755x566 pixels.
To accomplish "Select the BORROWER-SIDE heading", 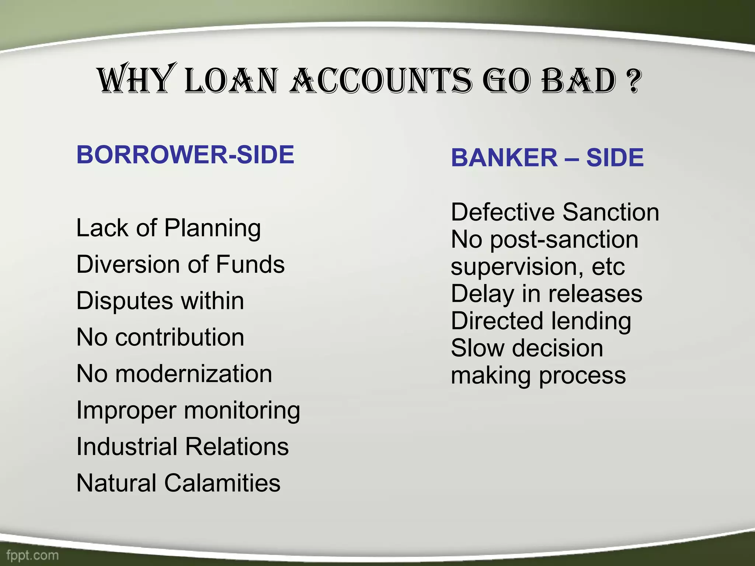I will tap(185, 154).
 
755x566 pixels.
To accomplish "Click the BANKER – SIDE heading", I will tap(547, 157).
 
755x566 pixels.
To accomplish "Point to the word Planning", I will tap(212, 228).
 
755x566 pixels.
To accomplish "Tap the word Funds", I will tap(250, 265).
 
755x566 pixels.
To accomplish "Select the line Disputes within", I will tap(160, 301).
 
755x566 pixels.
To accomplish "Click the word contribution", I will tap(180, 337).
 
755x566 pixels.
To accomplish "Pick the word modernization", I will tap(194, 374).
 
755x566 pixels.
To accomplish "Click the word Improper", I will tap(126, 410).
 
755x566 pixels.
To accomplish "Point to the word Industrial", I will tap(127, 447).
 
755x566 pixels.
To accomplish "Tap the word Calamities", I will tap(222, 483).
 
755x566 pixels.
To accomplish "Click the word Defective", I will tap(503, 212).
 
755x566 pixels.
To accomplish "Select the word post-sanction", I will tap(564, 240).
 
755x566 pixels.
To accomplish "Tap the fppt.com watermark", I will tap(32, 555).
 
